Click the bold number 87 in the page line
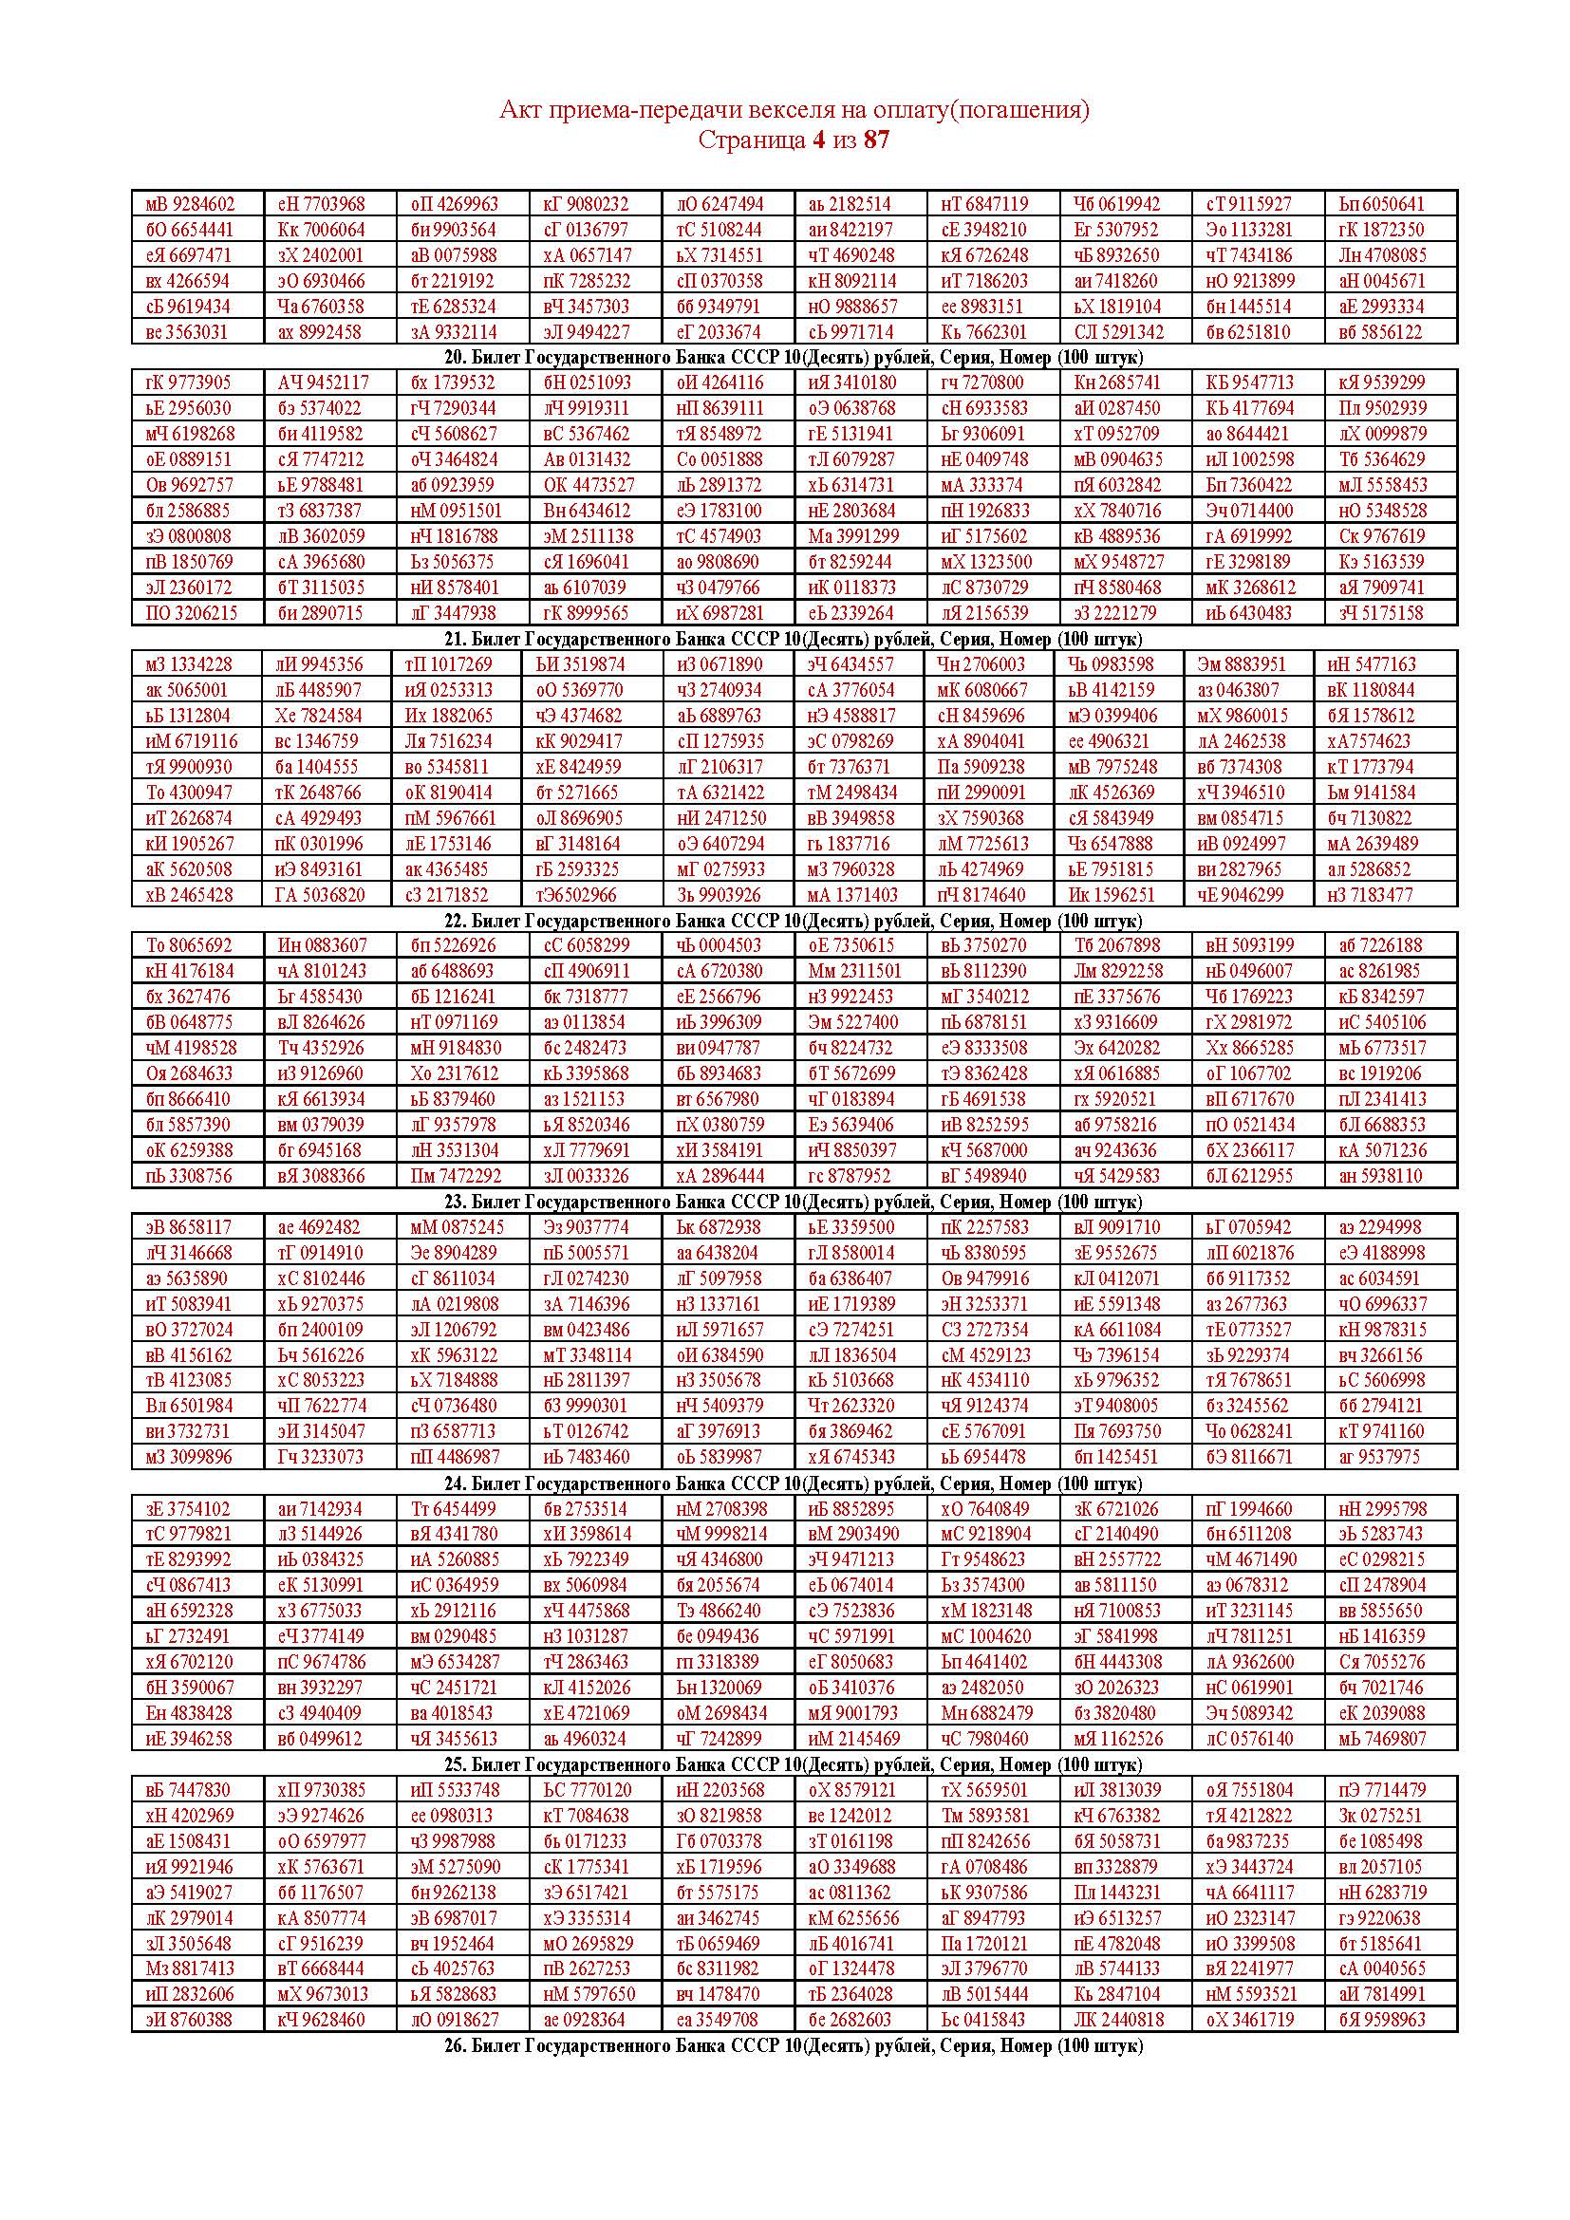point(876,140)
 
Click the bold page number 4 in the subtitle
point(819,140)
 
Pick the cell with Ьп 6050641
point(1381,204)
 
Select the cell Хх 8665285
point(1249,1048)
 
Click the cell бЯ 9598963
point(1381,2019)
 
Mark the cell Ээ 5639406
point(851,1125)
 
